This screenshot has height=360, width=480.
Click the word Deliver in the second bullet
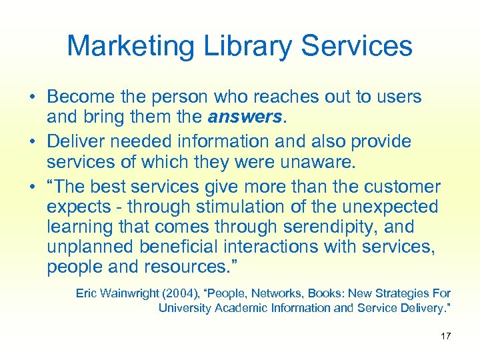(x=74, y=141)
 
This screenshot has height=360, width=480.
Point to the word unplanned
(x=91, y=247)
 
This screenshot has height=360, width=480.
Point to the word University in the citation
(x=182, y=308)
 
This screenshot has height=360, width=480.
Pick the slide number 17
(x=445, y=336)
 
